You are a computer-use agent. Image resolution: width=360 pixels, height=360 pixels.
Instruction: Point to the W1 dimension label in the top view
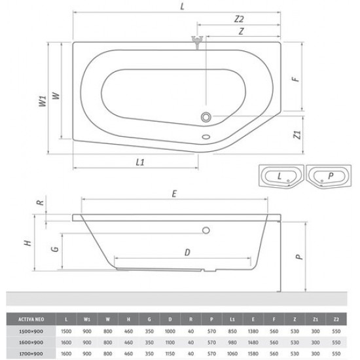43,101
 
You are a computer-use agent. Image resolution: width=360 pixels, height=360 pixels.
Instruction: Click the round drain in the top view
207,117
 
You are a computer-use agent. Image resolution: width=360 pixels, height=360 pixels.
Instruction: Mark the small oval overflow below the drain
207,137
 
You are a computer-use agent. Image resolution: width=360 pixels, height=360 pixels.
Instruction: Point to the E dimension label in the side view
174,193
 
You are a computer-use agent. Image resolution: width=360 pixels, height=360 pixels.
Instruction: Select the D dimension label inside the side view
187,251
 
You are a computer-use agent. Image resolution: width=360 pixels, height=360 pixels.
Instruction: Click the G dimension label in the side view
56,249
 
